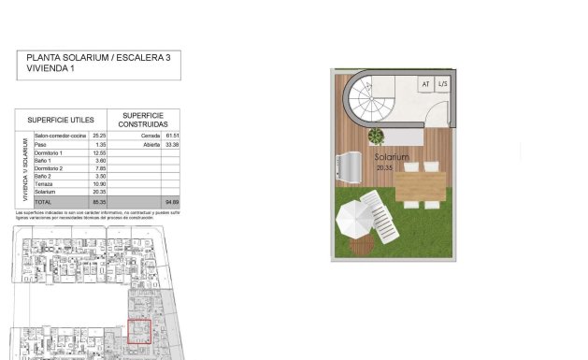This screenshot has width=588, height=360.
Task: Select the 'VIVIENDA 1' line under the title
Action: coord(50,68)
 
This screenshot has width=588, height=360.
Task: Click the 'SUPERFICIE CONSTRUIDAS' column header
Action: coord(145,120)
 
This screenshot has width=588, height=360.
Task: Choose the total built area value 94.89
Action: coord(170,202)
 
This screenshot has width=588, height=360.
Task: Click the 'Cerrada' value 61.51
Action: coord(170,137)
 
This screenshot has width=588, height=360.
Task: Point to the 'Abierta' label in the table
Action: coord(137,145)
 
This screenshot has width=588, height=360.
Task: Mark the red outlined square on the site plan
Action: coord(139,332)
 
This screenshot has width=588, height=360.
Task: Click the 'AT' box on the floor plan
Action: coord(425,84)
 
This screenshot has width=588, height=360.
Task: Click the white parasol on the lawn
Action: coord(354,220)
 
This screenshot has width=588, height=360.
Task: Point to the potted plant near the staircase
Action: coord(376,137)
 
